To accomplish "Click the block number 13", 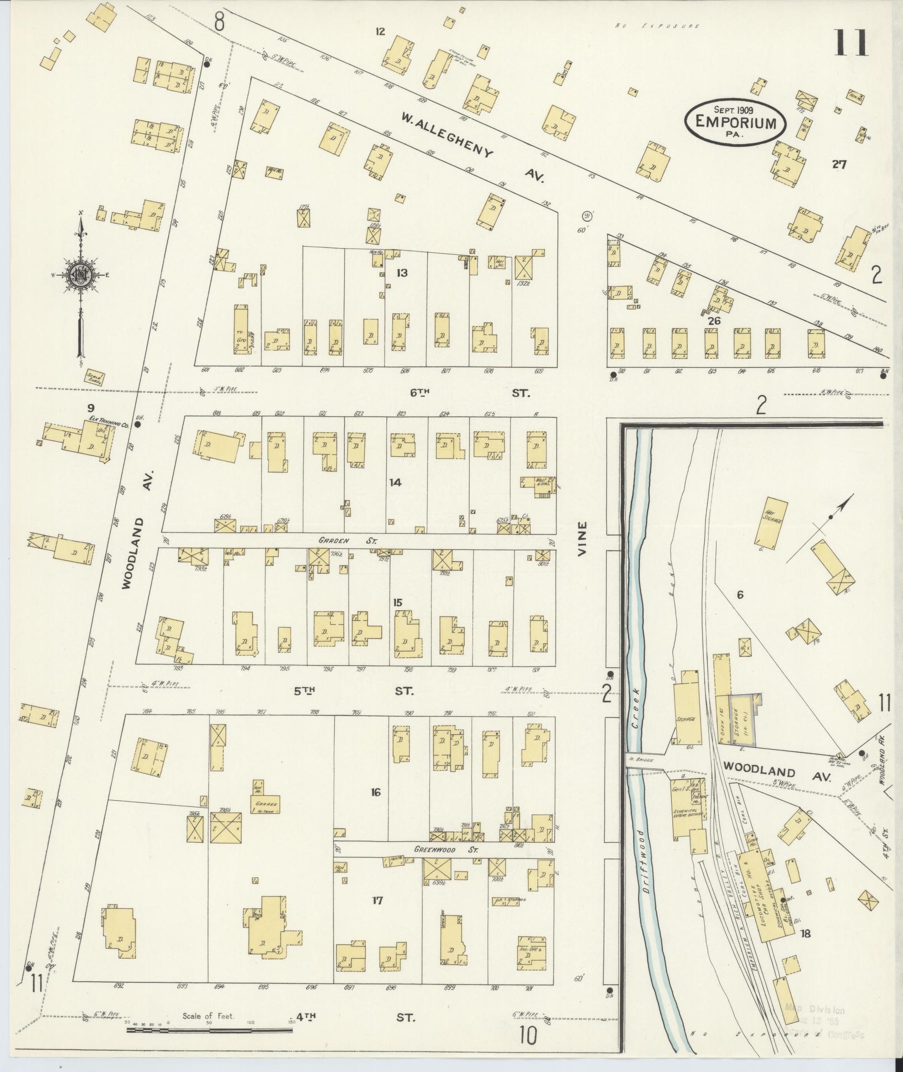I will click(x=401, y=273).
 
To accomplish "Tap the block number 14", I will click(x=395, y=482).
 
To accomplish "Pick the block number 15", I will click(x=397, y=602).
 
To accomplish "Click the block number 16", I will click(x=375, y=792).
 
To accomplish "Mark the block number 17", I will click(x=377, y=901).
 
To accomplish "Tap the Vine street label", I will click(x=583, y=538).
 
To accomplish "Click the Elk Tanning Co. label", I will click(x=109, y=421).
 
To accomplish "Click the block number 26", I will click(x=713, y=321).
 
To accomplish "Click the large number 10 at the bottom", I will click(x=527, y=1034).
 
